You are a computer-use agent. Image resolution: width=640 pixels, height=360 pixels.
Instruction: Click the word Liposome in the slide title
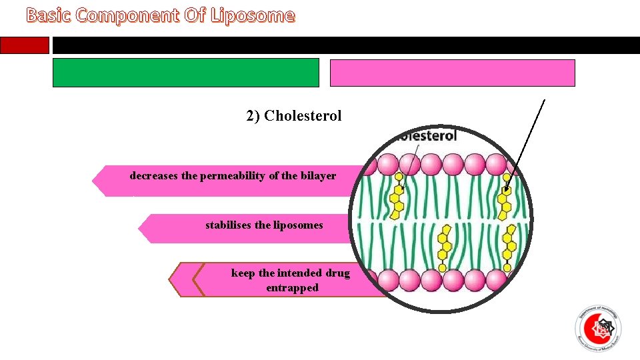pyautogui.click(x=252, y=15)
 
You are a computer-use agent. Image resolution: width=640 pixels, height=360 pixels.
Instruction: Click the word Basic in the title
pyautogui.click(x=49, y=15)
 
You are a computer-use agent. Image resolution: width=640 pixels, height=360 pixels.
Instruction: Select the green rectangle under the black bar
pyautogui.click(x=186, y=73)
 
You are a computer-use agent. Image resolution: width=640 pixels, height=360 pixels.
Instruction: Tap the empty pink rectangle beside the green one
pyautogui.click(x=452, y=73)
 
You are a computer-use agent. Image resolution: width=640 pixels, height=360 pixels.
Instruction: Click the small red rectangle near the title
pyautogui.click(x=25, y=45)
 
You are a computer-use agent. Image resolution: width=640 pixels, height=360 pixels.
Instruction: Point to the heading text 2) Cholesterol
pyautogui.click(x=293, y=116)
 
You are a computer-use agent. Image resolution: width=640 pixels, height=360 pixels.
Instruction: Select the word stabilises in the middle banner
pyautogui.click(x=228, y=225)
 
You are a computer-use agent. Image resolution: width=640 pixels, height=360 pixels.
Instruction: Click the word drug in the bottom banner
pyautogui.click(x=338, y=273)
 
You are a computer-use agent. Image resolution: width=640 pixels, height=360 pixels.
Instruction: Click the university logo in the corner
pyautogui.click(x=597, y=328)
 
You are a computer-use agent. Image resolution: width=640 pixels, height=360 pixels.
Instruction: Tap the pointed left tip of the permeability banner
pyautogui.click(x=95, y=181)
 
